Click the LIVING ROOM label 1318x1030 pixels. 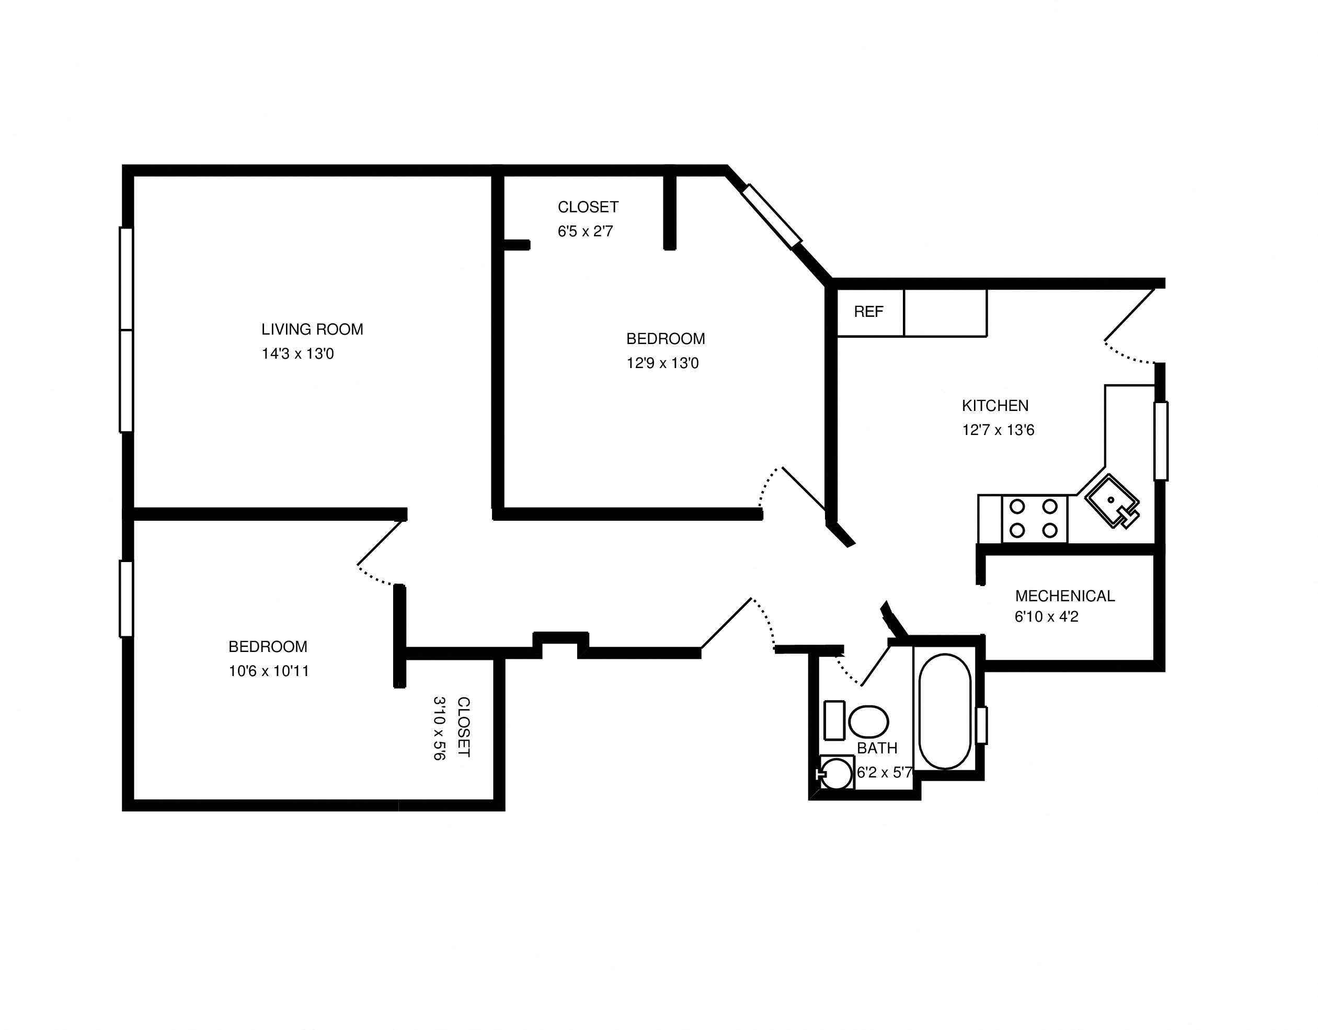coord(312,329)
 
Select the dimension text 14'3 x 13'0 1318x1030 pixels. coord(297,353)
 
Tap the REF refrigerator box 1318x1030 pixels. coord(869,312)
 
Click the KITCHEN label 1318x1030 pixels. coord(995,406)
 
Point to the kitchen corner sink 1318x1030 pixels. coord(1111,500)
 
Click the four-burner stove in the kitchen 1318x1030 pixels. coord(1034,518)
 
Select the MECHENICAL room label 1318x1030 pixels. coord(1064,596)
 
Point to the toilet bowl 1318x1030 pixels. coord(868,721)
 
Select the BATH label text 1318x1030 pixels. coord(877,748)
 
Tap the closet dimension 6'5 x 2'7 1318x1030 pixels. coord(586,231)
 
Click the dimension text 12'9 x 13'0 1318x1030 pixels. coord(662,363)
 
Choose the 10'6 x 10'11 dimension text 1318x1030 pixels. coord(269,671)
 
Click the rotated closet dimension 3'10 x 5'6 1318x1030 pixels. coord(439,728)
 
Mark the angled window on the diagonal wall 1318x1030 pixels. coord(771,216)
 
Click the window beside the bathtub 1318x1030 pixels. coord(981,725)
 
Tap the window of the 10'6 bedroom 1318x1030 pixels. coord(125,599)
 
